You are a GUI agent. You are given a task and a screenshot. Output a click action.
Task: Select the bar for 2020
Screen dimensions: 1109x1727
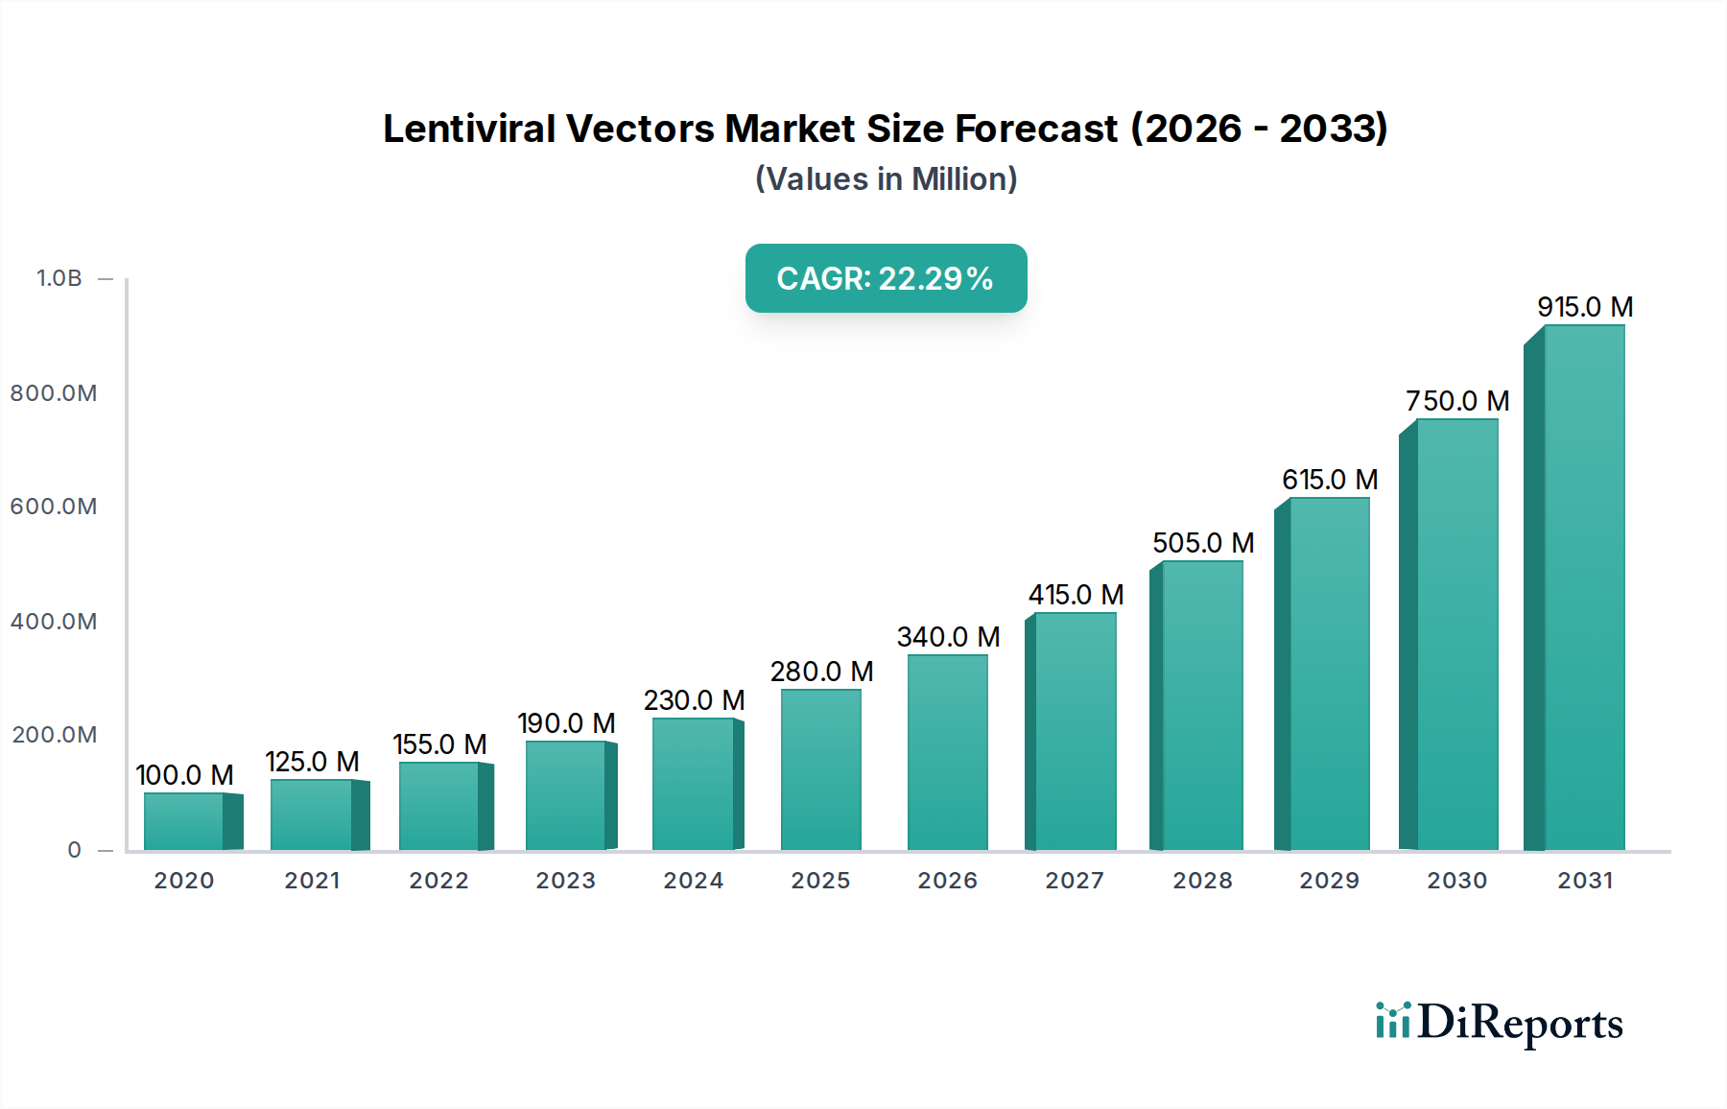pos(184,821)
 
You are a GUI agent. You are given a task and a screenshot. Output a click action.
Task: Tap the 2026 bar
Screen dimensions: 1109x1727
pos(947,752)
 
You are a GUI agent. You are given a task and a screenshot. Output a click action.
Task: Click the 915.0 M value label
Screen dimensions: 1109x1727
pos(1585,307)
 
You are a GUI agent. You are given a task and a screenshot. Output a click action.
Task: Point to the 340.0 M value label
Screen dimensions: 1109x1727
pos(948,637)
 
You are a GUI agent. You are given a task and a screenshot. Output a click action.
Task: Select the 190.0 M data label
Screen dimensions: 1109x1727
pos(566,723)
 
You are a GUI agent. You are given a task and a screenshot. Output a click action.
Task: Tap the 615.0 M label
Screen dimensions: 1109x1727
pos(1330,480)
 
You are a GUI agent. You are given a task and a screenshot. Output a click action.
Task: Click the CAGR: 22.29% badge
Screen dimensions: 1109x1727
pos(886,278)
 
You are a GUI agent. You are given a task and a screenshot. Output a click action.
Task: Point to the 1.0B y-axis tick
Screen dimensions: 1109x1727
pos(59,278)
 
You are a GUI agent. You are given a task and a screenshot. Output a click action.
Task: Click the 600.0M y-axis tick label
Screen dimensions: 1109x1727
pos(54,507)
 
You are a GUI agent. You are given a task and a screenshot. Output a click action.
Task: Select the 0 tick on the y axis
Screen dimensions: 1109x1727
pos(75,850)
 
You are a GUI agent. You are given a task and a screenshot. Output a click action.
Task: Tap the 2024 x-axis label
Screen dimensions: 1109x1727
pos(693,881)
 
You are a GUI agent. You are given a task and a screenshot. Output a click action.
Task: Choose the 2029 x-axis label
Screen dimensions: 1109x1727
pos(1329,881)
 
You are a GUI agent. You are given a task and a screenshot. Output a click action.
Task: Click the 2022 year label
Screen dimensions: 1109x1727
pos(438,881)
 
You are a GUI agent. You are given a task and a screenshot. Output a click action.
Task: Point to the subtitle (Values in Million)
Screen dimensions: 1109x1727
pos(886,179)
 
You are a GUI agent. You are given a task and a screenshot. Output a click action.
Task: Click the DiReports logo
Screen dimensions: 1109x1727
pos(1499,1023)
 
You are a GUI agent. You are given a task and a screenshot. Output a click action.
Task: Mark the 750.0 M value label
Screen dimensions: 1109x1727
pos(1457,401)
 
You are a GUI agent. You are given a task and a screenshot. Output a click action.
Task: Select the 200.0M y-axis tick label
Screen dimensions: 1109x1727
pos(54,735)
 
